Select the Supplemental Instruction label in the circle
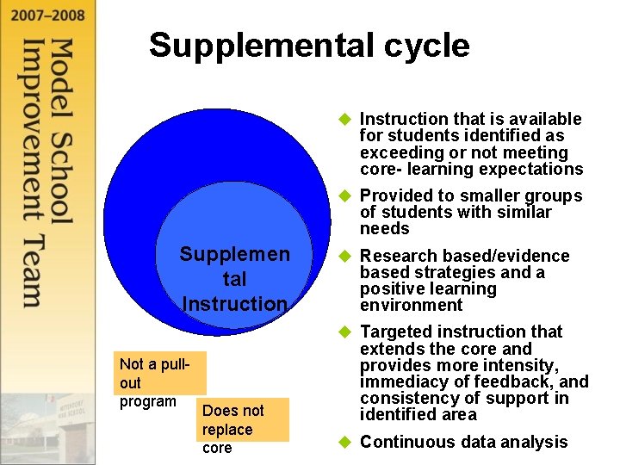click(x=234, y=279)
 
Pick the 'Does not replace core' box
click(x=244, y=428)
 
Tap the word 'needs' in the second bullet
click(x=384, y=229)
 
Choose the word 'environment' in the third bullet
click(x=411, y=306)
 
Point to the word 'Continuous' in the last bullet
click(x=406, y=443)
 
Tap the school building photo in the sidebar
click(x=47, y=422)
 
